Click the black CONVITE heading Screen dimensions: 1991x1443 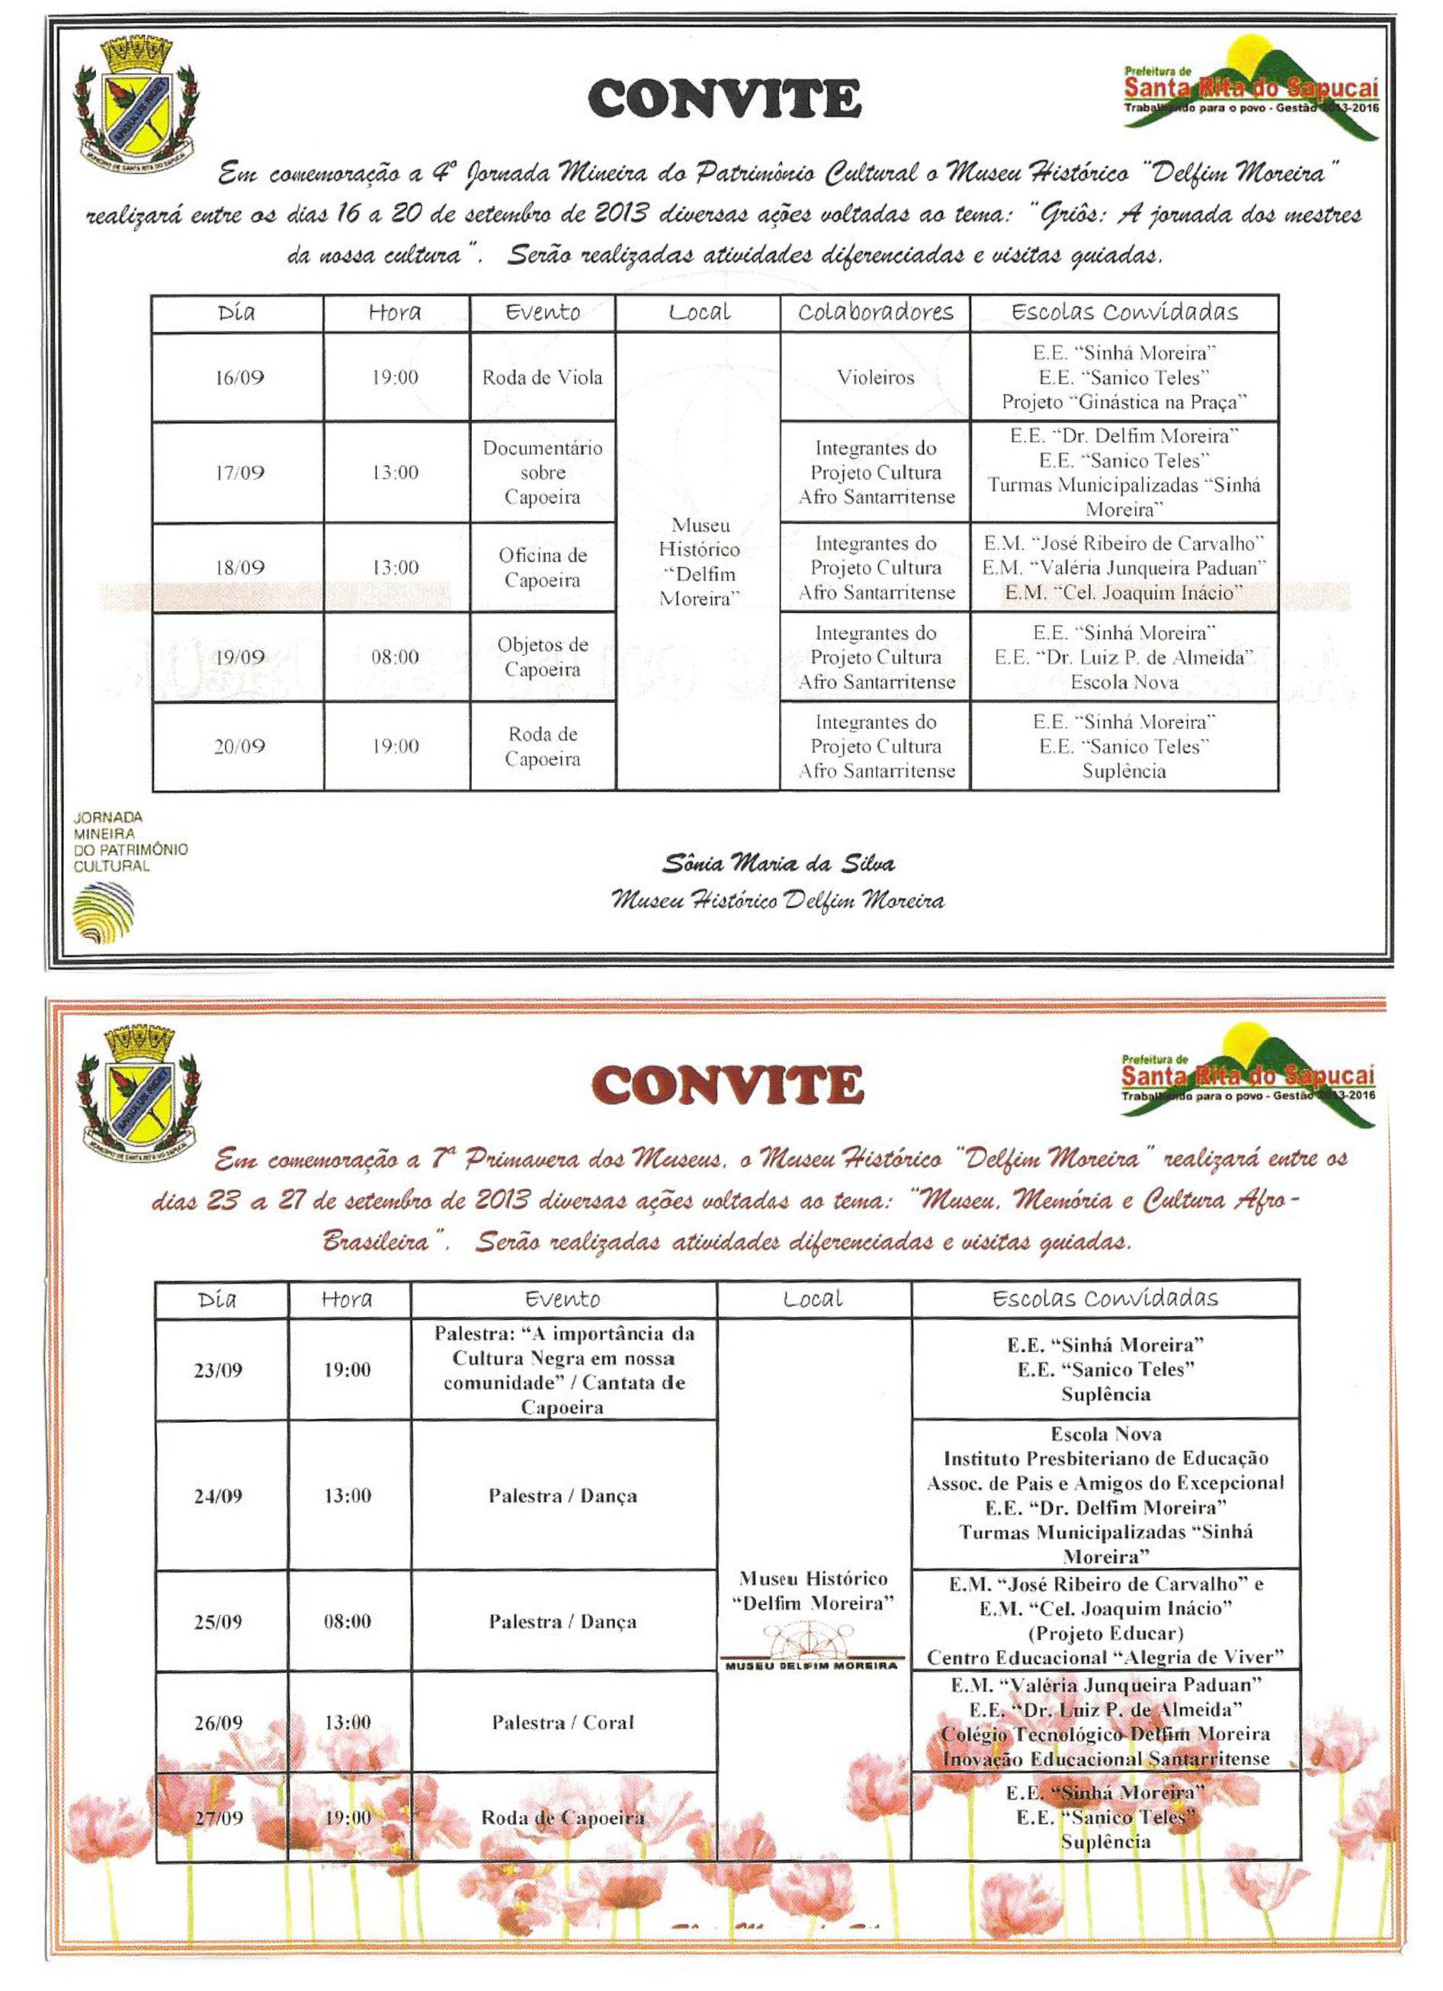click(x=724, y=98)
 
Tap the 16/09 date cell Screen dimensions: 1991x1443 click(x=239, y=378)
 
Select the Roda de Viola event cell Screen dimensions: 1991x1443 click(x=543, y=378)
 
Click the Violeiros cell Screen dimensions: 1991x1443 click(x=875, y=378)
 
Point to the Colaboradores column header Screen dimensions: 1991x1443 click(x=875, y=313)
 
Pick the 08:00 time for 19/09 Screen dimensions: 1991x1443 click(x=395, y=657)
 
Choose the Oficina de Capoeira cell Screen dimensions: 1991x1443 click(x=543, y=568)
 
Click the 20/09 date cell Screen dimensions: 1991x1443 click(x=239, y=747)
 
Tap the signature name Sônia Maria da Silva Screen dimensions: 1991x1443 click(x=778, y=864)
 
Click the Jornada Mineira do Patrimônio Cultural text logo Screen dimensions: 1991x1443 click(x=130, y=842)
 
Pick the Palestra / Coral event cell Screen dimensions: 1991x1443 click(x=563, y=1723)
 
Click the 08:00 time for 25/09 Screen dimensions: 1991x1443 click(x=348, y=1621)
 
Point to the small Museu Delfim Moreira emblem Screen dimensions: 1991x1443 click(x=812, y=1648)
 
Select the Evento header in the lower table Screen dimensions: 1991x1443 click(x=563, y=1299)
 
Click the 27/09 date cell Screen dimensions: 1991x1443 click(x=218, y=1817)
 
